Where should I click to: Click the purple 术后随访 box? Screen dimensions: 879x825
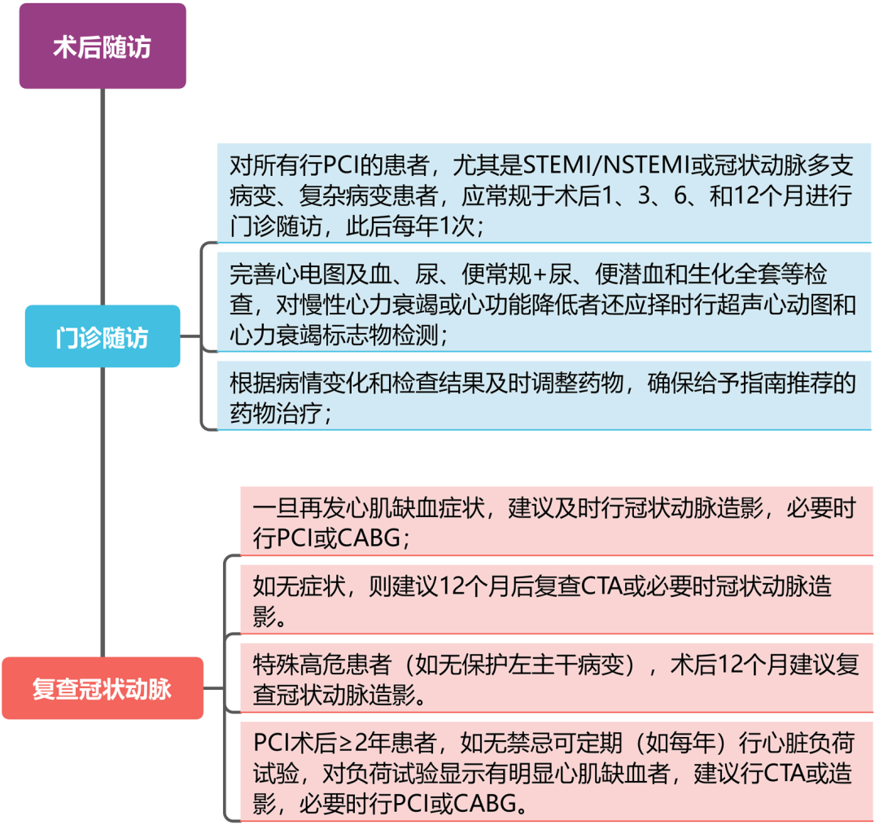click(x=103, y=46)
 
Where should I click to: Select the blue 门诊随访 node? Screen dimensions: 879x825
click(x=103, y=336)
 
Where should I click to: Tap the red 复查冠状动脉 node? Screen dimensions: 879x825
click(x=103, y=688)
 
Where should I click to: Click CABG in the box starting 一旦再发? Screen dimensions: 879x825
click(x=369, y=538)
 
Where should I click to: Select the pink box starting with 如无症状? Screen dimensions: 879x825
click(x=557, y=599)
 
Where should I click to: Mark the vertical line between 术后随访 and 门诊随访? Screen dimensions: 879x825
click(x=103, y=197)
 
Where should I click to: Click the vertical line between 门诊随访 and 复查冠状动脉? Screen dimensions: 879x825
click(x=103, y=512)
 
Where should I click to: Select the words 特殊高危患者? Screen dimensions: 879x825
click(x=321, y=665)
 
